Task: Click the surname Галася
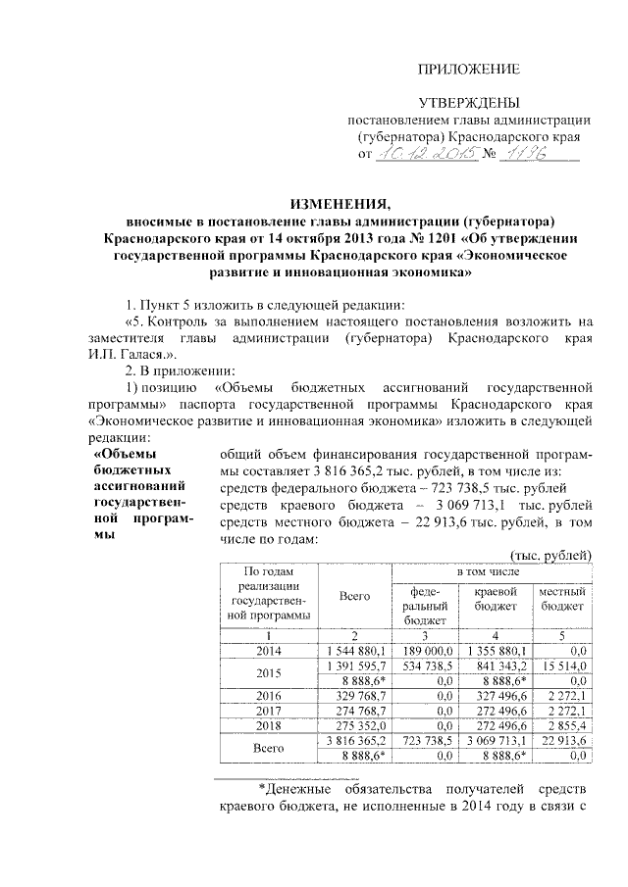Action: [149, 358]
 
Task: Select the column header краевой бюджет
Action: [495, 599]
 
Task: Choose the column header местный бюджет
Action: [563, 599]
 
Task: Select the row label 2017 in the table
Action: [268, 710]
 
